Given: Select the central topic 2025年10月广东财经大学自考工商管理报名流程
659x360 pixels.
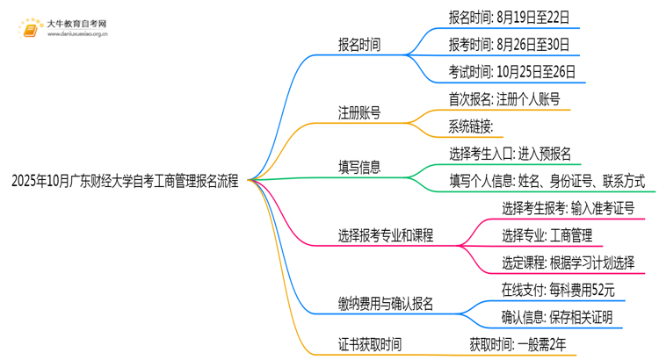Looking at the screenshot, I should pyautogui.click(x=125, y=181).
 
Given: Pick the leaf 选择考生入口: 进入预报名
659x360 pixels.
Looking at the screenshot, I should pyautogui.click(x=511, y=155).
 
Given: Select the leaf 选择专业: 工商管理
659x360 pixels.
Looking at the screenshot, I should pyautogui.click(x=547, y=235).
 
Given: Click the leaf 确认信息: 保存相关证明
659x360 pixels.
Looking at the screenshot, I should pyautogui.click(x=557, y=317).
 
